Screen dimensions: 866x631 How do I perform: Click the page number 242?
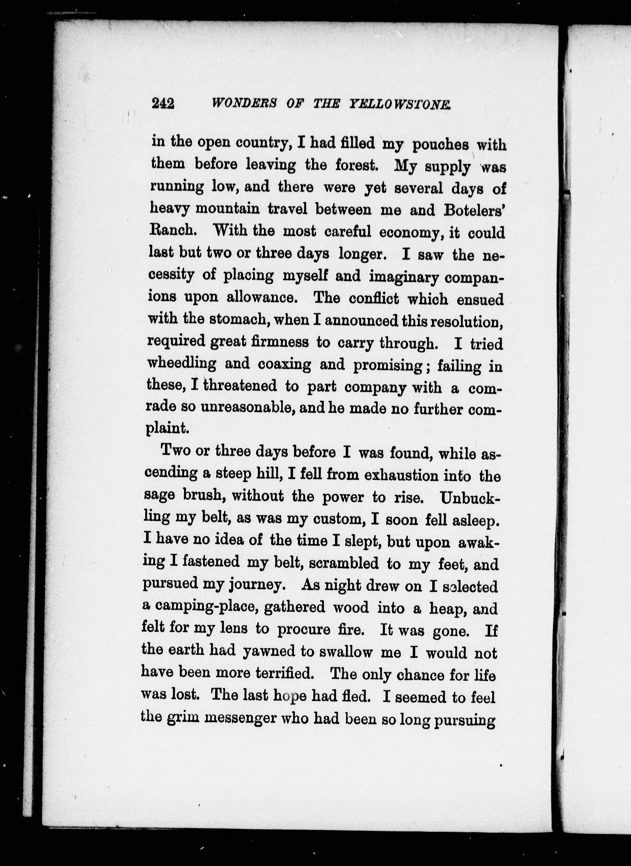[163, 103]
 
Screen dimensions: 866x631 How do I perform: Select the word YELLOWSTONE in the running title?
[400, 104]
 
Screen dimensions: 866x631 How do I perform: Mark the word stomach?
[240, 319]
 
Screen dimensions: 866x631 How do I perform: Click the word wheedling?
[182, 363]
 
